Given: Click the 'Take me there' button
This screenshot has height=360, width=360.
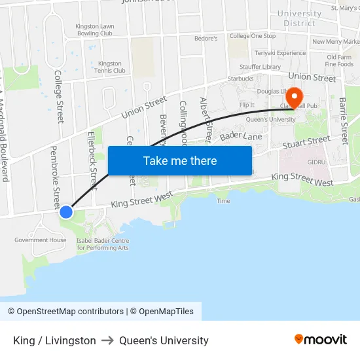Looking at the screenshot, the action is click(180, 161).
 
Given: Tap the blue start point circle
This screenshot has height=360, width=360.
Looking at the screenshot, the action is click(66, 211).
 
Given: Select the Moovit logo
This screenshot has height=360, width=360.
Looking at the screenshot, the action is click(321, 340).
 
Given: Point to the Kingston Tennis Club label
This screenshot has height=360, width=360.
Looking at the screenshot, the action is click(111, 67).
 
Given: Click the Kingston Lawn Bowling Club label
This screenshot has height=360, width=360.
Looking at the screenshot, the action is click(95, 29).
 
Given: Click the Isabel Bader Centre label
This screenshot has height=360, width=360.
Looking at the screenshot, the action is click(102, 244).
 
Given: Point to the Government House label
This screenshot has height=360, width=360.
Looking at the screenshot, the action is click(41, 240).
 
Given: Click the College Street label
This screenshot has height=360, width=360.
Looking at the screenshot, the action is click(59, 97).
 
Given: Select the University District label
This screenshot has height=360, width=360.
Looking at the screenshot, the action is click(300, 18).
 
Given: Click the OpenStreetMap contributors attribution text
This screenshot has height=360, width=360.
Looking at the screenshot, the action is click(65, 312).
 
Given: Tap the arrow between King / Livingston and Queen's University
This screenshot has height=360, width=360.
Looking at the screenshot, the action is click(107, 340).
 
